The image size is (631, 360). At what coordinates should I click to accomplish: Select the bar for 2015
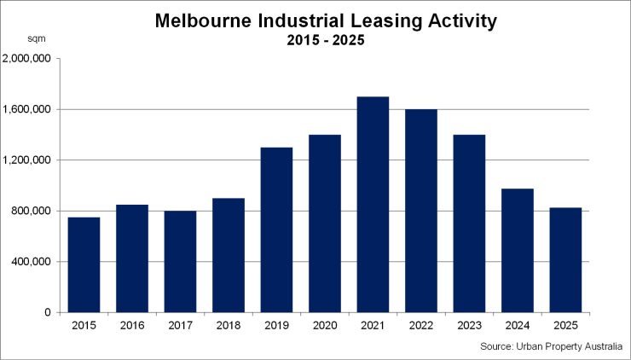pyautogui.click(x=84, y=264)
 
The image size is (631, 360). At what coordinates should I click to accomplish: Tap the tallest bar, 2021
pyautogui.click(x=373, y=205)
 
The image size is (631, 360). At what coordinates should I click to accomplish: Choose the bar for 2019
pyautogui.click(x=276, y=229)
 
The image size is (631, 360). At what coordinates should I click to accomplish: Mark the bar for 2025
pyautogui.click(x=565, y=260)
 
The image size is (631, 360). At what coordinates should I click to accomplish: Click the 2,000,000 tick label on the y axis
pyautogui.click(x=28, y=59)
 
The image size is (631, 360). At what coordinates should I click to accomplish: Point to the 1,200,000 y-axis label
pyautogui.click(x=28, y=160)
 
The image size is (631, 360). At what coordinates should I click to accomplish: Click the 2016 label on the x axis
pyautogui.click(x=132, y=326)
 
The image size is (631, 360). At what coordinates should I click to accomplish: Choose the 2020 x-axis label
pyautogui.click(x=325, y=326)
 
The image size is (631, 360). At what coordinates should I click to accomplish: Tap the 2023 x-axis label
pyautogui.click(x=469, y=326)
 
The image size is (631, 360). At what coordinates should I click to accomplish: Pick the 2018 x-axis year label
pyautogui.click(x=229, y=326)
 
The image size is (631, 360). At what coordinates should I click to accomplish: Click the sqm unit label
pyautogui.click(x=37, y=39)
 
